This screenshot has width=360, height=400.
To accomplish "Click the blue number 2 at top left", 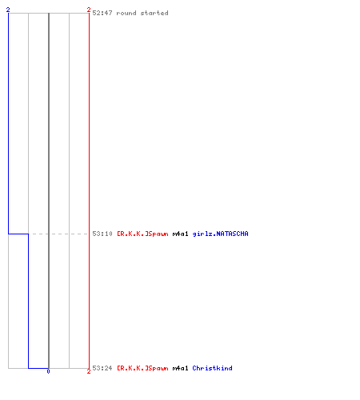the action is click(x=8, y=10).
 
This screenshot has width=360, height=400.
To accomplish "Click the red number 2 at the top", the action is click(x=89, y=10).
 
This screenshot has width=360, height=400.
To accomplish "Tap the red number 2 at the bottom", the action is click(x=89, y=371).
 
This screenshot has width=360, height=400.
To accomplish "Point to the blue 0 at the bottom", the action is click(x=48, y=371).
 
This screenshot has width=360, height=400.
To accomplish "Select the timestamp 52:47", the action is click(x=102, y=13).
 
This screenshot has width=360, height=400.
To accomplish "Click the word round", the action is click(x=126, y=13).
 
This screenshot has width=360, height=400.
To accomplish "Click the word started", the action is click(x=154, y=13).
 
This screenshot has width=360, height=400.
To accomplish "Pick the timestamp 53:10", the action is click(x=102, y=234).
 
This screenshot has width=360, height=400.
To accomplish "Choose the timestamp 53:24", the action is click(x=102, y=368).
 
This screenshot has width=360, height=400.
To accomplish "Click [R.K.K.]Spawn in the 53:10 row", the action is click(x=142, y=234).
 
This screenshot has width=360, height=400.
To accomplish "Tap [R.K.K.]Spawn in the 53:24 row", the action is click(x=142, y=368).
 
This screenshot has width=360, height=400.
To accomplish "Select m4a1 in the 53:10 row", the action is click(x=180, y=234).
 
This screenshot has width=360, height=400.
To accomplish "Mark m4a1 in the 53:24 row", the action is click(x=180, y=368).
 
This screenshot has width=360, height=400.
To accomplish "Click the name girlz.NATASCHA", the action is click(x=220, y=234).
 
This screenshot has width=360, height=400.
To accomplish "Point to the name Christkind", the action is click(x=212, y=368).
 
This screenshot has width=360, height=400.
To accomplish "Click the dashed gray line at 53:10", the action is click(x=58, y=234).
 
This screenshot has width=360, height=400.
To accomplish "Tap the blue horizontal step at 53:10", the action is click(x=18, y=234).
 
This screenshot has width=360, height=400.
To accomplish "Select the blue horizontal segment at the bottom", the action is click(x=38, y=368).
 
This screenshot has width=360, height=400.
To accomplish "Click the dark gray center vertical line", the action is click(x=49, y=190).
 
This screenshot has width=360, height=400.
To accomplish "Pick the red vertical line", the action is click(x=89, y=190).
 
